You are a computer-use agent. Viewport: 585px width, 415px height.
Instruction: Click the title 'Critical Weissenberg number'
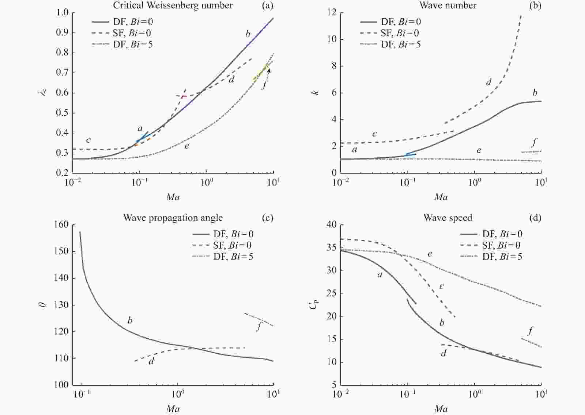pos(173,5)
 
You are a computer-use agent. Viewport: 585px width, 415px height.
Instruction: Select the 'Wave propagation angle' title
pos(173,218)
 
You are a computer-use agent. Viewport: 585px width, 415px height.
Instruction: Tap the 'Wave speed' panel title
pos(448,218)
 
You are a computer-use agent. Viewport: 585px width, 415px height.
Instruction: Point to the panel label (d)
pos(535,218)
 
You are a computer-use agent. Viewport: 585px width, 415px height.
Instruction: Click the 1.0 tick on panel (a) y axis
pos(63,12)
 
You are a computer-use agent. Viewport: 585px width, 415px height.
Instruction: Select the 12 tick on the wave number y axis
pos(332,12)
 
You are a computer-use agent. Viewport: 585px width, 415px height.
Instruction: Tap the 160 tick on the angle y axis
pos(61,224)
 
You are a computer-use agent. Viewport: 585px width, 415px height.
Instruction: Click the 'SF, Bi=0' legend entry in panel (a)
pos(132,33)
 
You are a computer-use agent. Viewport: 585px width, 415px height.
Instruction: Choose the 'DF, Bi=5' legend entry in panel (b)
pos(401,45)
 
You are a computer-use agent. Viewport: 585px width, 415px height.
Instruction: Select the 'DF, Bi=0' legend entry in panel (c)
pos(233,234)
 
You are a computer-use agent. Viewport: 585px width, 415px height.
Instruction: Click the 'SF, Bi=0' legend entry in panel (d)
pos(502,245)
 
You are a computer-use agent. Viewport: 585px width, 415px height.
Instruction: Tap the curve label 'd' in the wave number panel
pos(488,82)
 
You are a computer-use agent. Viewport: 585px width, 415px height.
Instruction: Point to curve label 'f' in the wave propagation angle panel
pos(259,326)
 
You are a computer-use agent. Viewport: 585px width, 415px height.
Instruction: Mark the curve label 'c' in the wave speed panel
pos(442,286)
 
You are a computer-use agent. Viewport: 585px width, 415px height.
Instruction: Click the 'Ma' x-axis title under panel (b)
pos(441,197)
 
